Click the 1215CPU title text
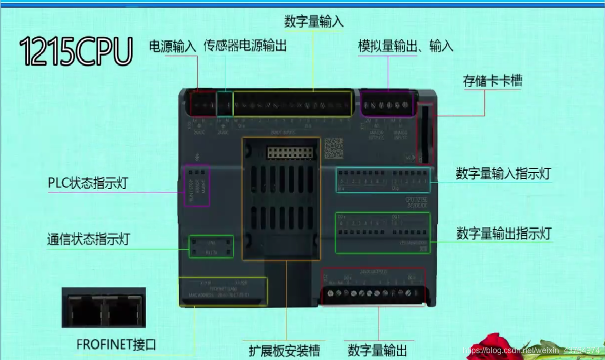click(76, 50)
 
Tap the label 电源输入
click(172, 46)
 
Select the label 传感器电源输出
click(245, 46)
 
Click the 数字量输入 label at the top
click(314, 22)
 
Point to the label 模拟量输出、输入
click(405, 46)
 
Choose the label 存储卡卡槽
click(493, 81)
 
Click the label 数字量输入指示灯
click(503, 173)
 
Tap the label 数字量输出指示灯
click(504, 233)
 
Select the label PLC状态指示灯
click(88, 183)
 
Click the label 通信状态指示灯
click(88, 239)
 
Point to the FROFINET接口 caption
click(116, 345)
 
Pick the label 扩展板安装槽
click(284, 349)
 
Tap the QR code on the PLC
click(334, 148)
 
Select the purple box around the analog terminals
click(387, 104)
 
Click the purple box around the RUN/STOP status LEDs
click(197, 185)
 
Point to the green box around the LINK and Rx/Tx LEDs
click(211, 247)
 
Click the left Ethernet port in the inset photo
click(86, 309)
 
